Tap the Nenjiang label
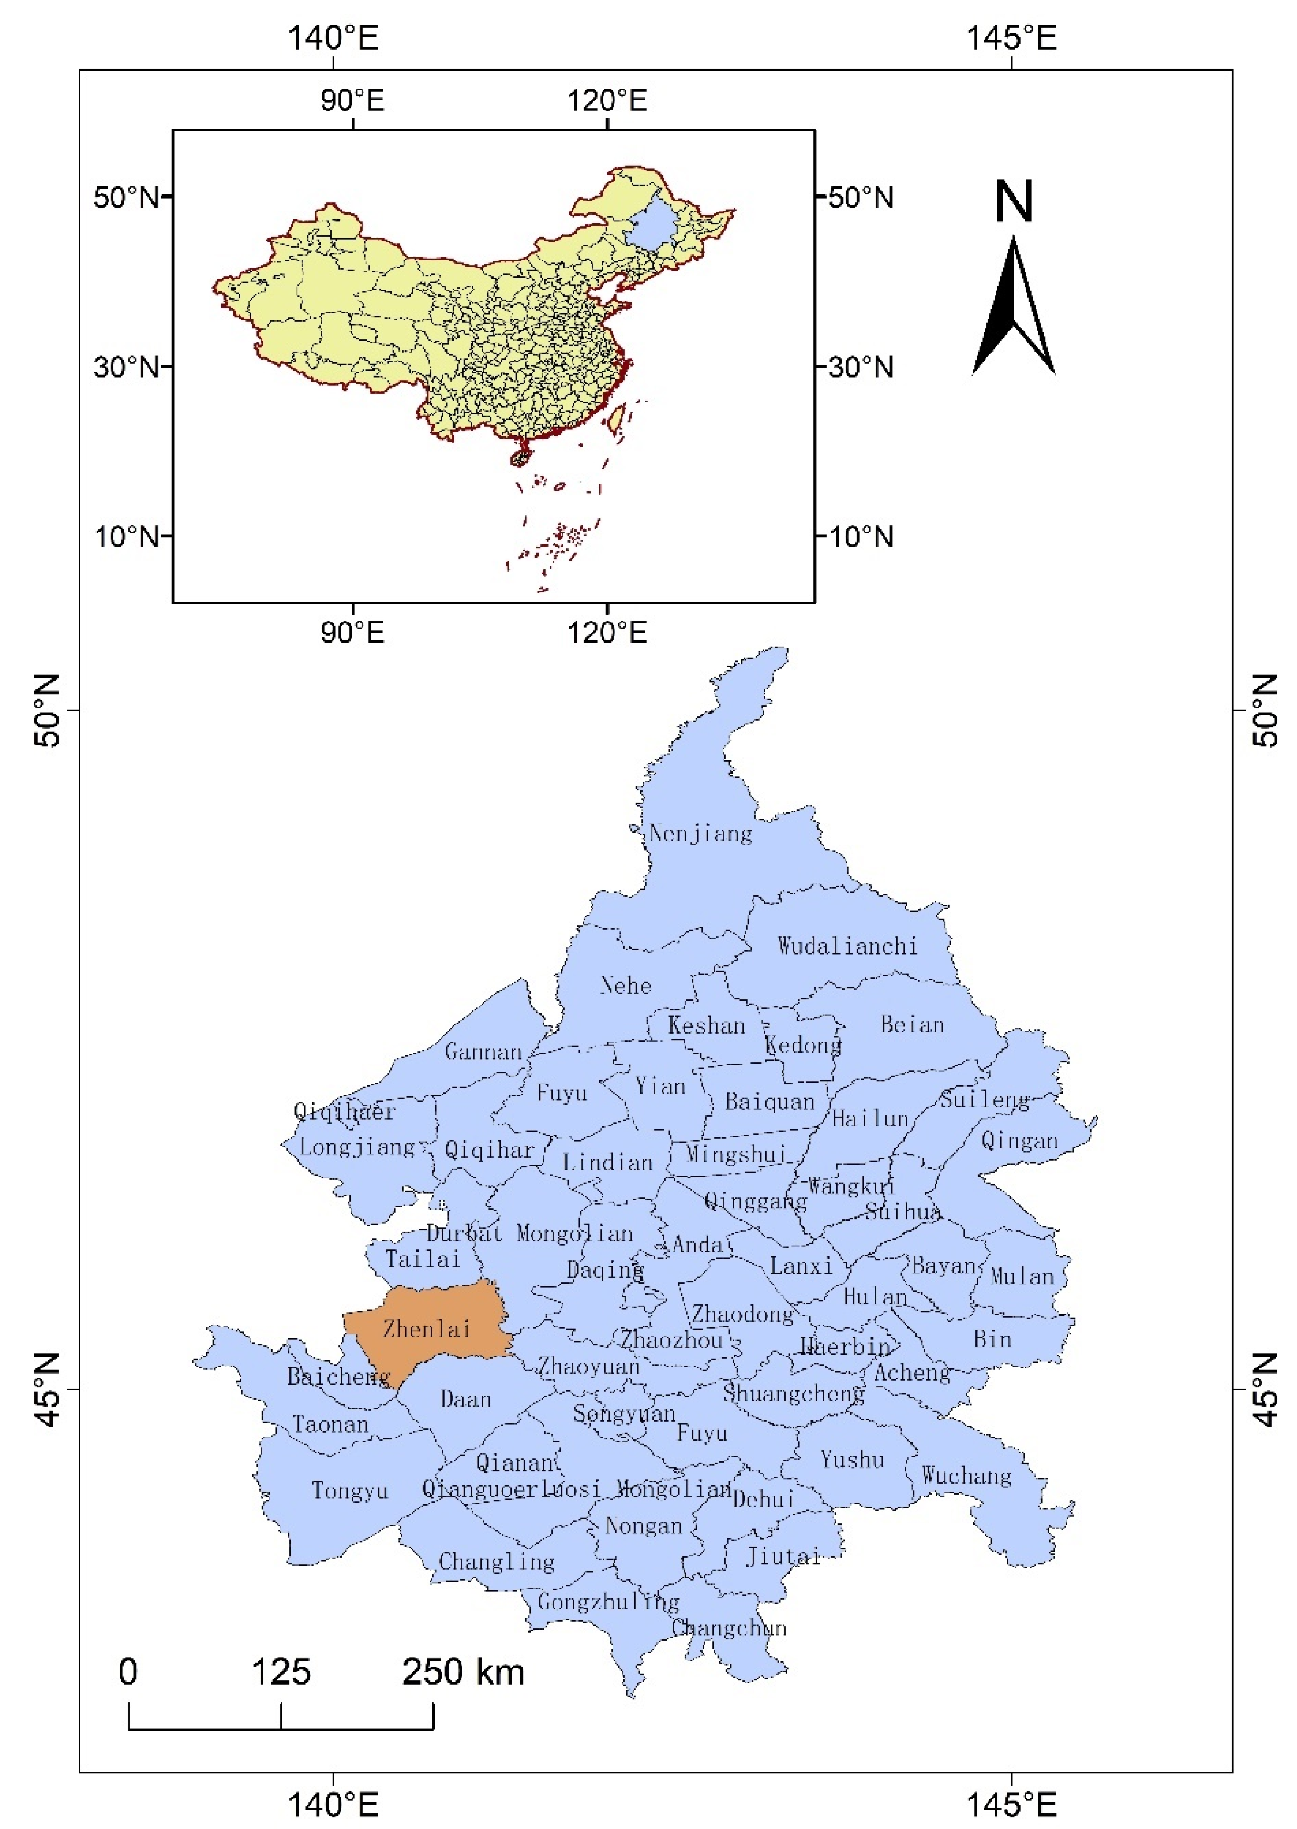[x=700, y=834]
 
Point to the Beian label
[x=912, y=1025]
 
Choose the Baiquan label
[x=769, y=1102]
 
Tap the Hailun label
[x=871, y=1119]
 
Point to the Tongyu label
[x=350, y=1490]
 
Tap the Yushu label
[x=852, y=1460]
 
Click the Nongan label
[x=643, y=1526]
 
